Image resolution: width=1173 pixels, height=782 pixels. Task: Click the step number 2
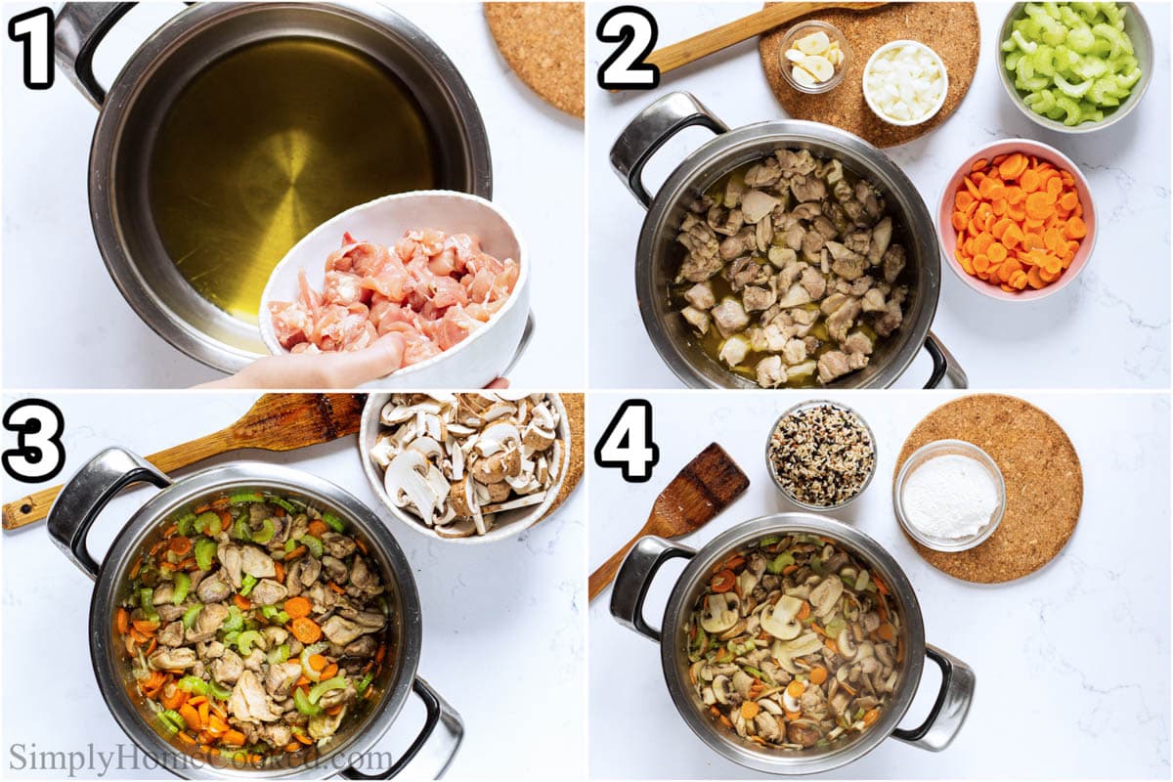[x=628, y=46]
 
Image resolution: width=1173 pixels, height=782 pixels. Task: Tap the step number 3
[x=33, y=440]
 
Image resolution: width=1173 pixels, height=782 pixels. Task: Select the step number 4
[x=627, y=441]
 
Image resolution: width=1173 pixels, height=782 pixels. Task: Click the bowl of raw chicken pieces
[x=396, y=288]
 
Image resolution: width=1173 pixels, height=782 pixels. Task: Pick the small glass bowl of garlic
[x=813, y=58]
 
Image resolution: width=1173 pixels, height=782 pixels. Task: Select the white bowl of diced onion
[x=904, y=82]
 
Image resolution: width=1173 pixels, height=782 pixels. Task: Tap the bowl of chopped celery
[x=1073, y=64]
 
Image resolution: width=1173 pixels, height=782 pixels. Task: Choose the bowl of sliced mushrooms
[x=464, y=464]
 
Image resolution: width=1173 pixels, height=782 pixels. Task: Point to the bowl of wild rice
[x=821, y=455]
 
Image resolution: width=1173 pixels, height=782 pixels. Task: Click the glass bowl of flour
[x=949, y=495]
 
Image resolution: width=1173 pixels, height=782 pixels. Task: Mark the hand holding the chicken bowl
[x=323, y=367]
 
